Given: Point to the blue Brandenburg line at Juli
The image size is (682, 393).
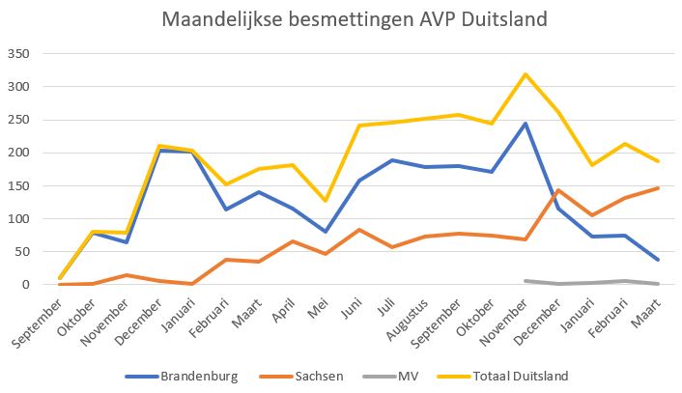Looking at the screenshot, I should tap(393, 160).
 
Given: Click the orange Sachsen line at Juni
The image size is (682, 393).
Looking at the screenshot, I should tap(359, 230).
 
